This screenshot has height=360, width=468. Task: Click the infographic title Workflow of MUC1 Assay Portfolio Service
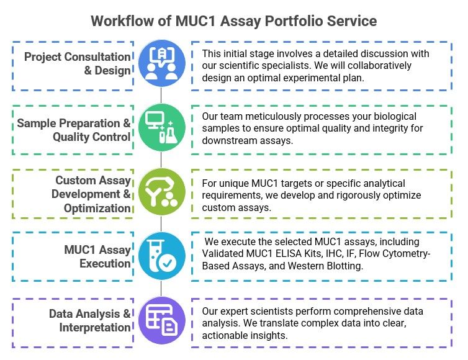click(x=233, y=20)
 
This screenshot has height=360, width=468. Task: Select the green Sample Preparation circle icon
click(x=161, y=128)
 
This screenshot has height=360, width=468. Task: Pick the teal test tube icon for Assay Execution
click(x=161, y=256)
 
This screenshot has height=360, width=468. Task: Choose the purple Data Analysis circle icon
click(x=161, y=320)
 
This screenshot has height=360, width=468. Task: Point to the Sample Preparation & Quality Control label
click(x=74, y=128)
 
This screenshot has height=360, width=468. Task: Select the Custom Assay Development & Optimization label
click(x=93, y=194)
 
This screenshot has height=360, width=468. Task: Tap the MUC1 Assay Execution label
click(x=97, y=256)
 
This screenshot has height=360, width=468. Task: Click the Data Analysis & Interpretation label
click(x=90, y=320)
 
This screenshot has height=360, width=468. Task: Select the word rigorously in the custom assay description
click(x=348, y=195)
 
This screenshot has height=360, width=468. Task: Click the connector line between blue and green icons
click(x=161, y=96)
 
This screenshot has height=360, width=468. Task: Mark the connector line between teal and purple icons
click(x=161, y=288)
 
